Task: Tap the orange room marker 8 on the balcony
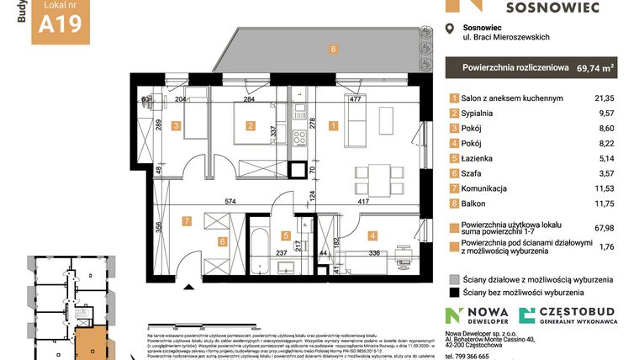pyautogui.click(x=334, y=50)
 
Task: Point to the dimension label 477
pyautogui.click(x=355, y=99)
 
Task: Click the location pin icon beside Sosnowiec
pyautogui.click(x=449, y=29)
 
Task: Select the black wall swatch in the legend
pyautogui.click(x=454, y=293)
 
